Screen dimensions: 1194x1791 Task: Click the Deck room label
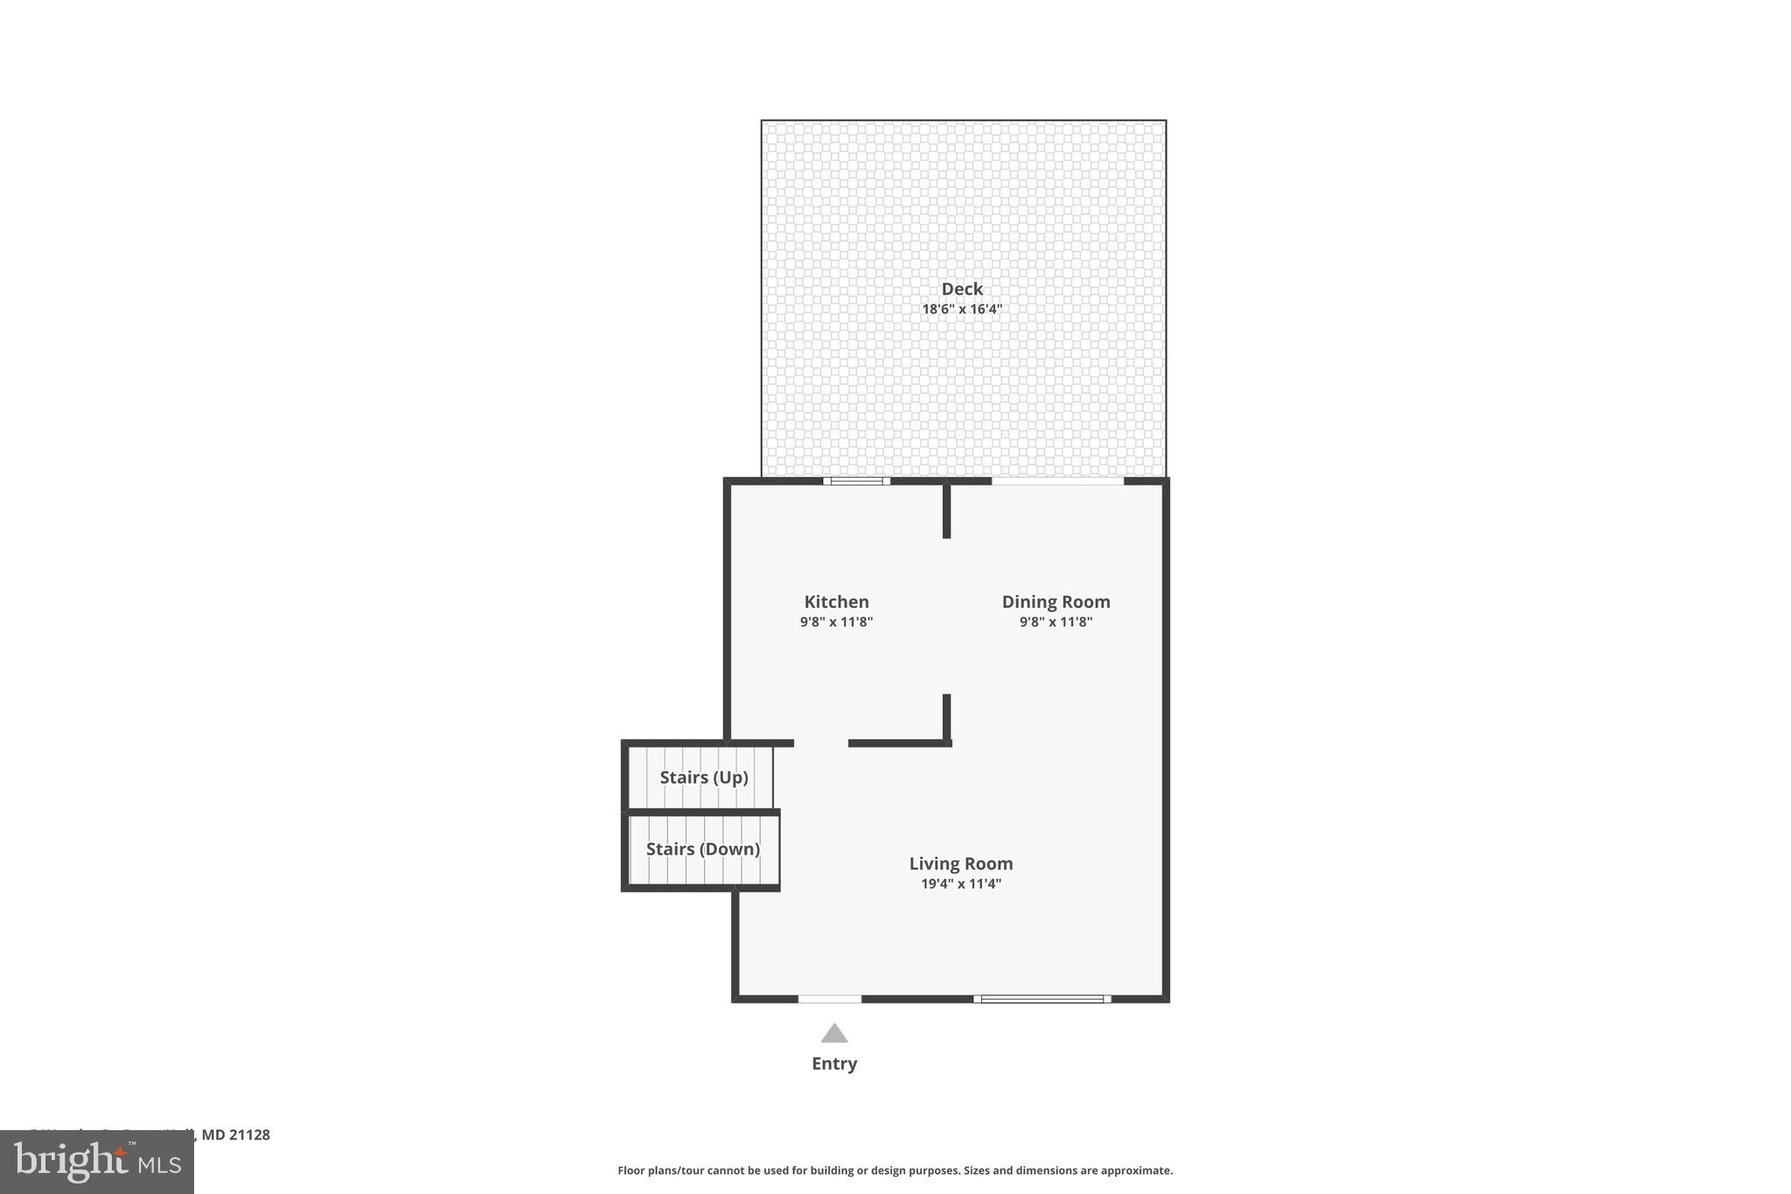click(x=962, y=289)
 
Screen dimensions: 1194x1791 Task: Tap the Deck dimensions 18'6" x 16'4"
click(x=962, y=309)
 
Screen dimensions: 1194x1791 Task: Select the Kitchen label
click(x=836, y=602)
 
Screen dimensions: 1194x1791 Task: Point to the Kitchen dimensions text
click(x=836, y=622)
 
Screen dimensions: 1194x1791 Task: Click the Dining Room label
click(x=1056, y=602)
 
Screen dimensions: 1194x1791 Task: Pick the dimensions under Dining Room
click(x=1056, y=622)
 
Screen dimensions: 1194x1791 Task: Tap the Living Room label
click(x=961, y=863)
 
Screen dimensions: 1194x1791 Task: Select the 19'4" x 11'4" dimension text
click(x=961, y=883)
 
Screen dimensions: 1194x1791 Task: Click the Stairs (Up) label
click(x=703, y=778)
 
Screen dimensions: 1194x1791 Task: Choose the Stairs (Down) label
click(x=702, y=848)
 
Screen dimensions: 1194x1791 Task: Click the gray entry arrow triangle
click(x=834, y=1034)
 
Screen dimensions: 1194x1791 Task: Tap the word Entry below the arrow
click(x=834, y=1064)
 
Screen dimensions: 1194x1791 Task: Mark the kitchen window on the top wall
click(x=856, y=481)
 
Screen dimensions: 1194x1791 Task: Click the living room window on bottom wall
click(x=1042, y=999)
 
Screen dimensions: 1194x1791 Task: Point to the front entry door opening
click(x=830, y=999)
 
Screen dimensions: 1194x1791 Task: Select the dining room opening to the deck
click(x=1057, y=481)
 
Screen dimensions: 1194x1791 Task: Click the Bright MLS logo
click(x=97, y=1162)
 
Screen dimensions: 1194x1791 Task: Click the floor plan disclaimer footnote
click(x=895, y=1170)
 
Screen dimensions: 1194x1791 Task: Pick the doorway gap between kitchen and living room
click(x=821, y=744)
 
